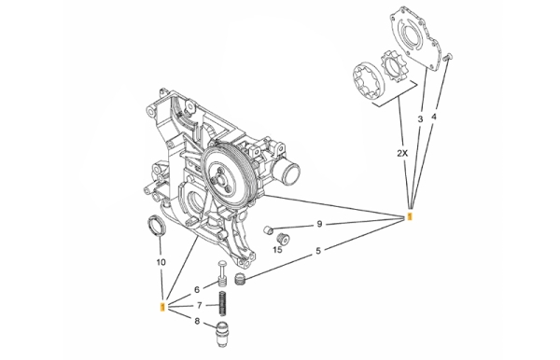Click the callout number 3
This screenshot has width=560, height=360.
click(420, 119)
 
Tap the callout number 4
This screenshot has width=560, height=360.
click(434, 117)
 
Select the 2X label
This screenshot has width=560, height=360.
click(402, 153)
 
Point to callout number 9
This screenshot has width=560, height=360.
click(319, 224)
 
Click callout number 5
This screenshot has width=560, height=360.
click(318, 251)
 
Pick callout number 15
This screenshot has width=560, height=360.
click(277, 250)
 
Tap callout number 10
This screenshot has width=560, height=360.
click(161, 263)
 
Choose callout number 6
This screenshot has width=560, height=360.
click(197, 290)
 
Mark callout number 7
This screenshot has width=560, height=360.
click(200, 305)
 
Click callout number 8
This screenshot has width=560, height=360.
click(197, 321)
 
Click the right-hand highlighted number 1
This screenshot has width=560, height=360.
click(410, 216)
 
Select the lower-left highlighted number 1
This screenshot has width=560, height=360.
click(162, 307)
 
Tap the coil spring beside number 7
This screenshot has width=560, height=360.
click(222, 303)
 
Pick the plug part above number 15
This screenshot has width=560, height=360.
click(283, 239)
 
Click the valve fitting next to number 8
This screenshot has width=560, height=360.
click(221, 335)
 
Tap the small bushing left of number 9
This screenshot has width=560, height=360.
click(268, 229)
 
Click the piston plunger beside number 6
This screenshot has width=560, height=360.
click(221, 273)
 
